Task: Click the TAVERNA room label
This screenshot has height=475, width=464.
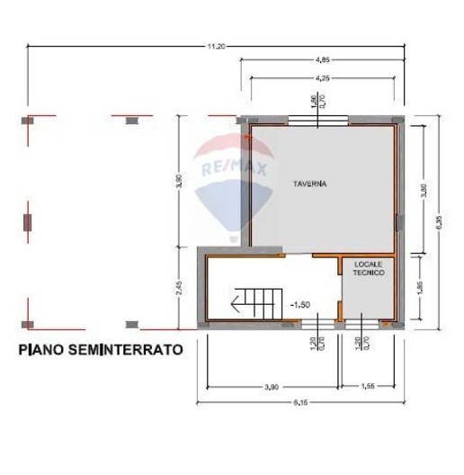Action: (x=309, y=184)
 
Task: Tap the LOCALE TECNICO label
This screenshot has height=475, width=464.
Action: (x=368, y=267)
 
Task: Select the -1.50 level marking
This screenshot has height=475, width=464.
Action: (x=300, y=304)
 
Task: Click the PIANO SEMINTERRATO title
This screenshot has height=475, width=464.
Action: (x=100, y=347)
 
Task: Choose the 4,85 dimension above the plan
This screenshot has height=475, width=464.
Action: (x=321, y=60)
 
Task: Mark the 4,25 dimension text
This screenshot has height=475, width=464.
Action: (x=322, y=78)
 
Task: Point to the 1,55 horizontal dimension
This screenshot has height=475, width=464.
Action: (x=368, y=386)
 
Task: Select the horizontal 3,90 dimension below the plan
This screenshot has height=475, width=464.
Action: (x=272, y=386)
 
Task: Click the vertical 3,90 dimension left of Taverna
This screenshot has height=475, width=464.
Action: (x=180, y=181)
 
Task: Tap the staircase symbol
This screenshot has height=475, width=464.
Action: (x=255, y=302)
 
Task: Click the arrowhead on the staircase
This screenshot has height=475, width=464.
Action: (x=236, y=304)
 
